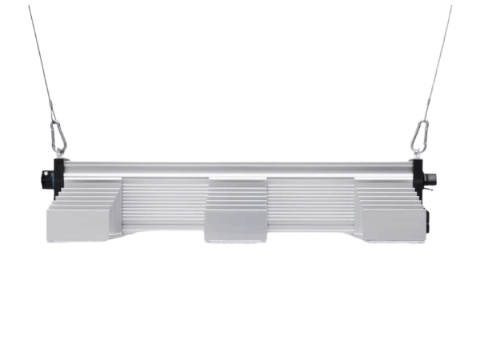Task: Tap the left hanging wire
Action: (x=41, y=64)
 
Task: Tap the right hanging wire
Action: (x=438, y=64)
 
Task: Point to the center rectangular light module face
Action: (x=237, y=225)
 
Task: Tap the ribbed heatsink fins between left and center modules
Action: (x=163, y=204)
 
